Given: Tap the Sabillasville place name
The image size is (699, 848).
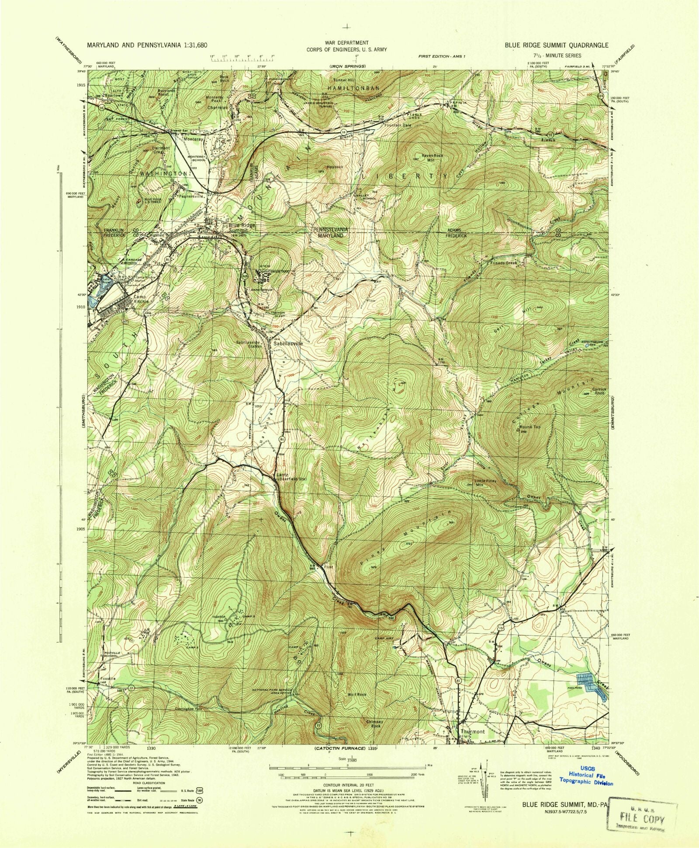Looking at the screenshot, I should (288, 344).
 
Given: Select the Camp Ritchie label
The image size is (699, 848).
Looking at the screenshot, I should (141, 298).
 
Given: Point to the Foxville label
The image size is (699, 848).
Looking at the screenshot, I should (107, 679).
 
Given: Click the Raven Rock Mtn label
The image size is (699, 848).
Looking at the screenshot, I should (432, 158).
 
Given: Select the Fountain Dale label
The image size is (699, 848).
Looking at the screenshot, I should (398, 125).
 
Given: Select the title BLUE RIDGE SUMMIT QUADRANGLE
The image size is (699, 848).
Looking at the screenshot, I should (556, 45).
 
